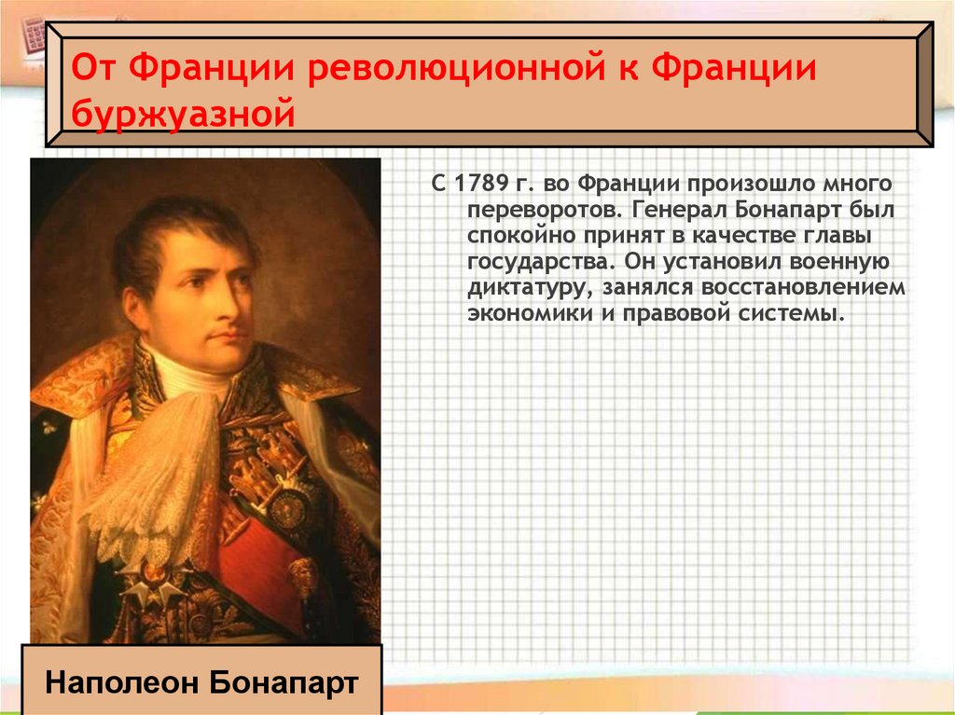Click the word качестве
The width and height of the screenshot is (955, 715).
(714, 235)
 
